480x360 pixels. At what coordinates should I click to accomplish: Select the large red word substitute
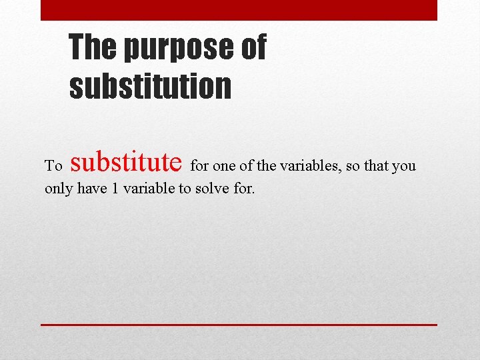click(126, 162)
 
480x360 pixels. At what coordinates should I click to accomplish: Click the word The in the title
click(93, 47)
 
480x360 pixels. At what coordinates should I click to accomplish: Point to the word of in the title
click(251, 47)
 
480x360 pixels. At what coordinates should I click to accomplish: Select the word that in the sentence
click(378, 166)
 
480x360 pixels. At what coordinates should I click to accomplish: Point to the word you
click(404, 167)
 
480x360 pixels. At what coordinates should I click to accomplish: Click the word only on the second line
click(59, 189)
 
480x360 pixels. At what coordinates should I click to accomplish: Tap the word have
click(92, 189)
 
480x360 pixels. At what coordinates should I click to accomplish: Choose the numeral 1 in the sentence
click(115, 189)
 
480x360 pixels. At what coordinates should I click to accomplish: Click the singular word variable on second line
click(149, 189)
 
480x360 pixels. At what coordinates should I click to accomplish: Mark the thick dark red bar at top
click(239, 10)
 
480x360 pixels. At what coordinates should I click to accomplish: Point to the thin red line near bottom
click(239, 325)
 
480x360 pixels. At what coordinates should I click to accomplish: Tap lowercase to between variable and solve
click(185, 189)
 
